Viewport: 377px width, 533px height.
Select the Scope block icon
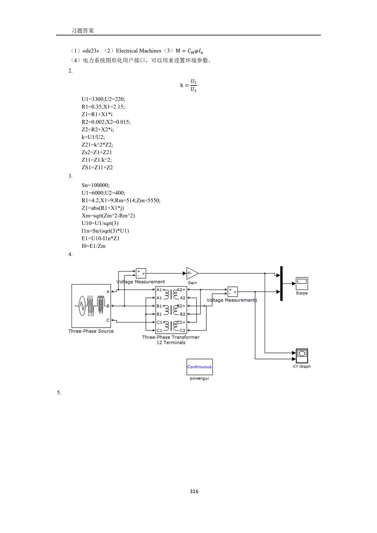(302, 283)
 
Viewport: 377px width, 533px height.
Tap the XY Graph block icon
(302, 355)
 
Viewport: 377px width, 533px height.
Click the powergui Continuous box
(199, 367)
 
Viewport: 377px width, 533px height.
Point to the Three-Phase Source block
(91, 306)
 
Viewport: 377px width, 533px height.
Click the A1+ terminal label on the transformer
(160, 290)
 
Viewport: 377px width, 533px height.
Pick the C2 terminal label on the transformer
(182, 330)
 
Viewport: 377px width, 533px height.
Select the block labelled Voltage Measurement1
(232, 292)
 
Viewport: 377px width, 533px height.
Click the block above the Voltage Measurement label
(141, 273)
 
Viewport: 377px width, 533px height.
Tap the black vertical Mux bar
(281, 283)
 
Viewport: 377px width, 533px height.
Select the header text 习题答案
(83, 30)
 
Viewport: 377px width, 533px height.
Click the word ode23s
(91, 51)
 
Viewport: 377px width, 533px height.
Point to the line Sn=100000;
(96, 185)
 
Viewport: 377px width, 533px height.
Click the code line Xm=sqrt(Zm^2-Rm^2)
(108, 216)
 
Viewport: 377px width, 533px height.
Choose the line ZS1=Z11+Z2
(97, 167)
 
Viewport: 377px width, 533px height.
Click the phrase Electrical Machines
(138, 51)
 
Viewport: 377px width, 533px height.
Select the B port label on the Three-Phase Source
(108, 306)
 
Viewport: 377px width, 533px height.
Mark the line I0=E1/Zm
(93, 246)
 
